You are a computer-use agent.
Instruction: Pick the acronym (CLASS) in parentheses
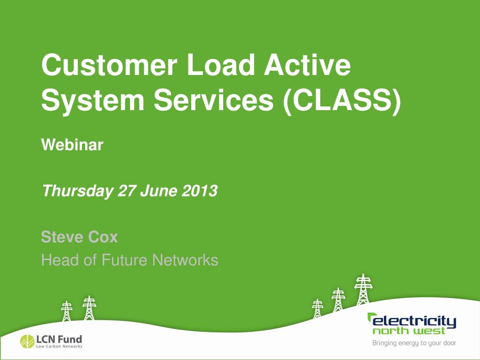click(x=342, y=100)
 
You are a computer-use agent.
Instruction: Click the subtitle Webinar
click(x=72, y=145)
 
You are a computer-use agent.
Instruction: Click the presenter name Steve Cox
click(x=79, y=237)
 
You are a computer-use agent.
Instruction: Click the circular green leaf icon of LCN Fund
click(x=27, y=341)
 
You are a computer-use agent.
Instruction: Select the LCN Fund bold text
click(x=59, y=338)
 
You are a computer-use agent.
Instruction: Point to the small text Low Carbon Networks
click(x=59, y=346)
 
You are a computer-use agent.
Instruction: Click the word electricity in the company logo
click(x=413, y=322)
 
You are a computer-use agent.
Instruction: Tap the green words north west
click(x=409, y=331)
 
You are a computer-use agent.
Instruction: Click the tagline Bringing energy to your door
click(x=414, y=343)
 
